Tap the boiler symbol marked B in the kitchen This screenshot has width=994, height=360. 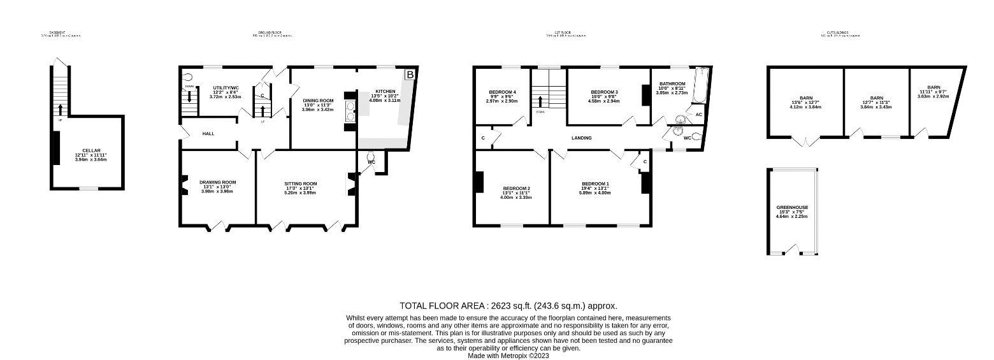pyautogui.click(x=410, y=75)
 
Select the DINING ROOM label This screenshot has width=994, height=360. pyautogui.click(x=318, y=101)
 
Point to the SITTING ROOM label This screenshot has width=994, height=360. pyautogui.click(x=301, y=184)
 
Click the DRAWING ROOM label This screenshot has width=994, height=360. pyautogui.click(x=217, y=182)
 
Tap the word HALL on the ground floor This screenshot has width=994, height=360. pyautogui.click(x=208, y=134)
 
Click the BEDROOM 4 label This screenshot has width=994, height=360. pyautogui.click(x=502, y=92)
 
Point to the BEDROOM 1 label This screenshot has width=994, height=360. pyautogui.click(x=595, y=184)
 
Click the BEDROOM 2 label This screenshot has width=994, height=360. pyautogui.click(x=516, y=188)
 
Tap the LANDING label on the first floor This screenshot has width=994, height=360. pyautogui.click(x=581, y=138)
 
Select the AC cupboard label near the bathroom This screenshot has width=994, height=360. pyautogui.click(x=698, y=115)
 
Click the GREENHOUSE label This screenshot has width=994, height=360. pyautogui.click(x=791, y=207)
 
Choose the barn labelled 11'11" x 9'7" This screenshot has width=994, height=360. pyautogui.click(x=933, y=87)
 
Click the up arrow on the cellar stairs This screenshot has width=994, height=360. pyautogui.click(x=60, y=108)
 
